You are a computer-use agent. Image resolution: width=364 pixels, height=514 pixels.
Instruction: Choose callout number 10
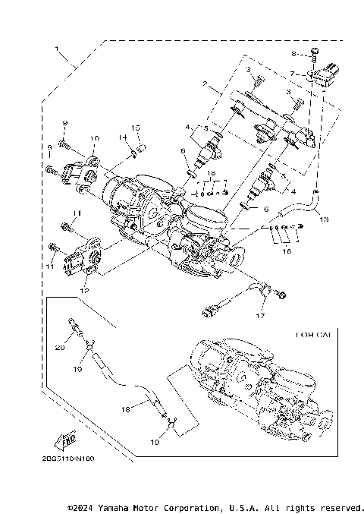pyautogui.click(x=94, y=138)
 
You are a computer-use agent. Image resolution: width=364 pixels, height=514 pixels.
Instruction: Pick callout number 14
pyautogui.click(x=120, y=137)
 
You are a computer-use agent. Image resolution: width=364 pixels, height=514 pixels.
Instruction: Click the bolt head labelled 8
pyautogui.click(x=312, y=52)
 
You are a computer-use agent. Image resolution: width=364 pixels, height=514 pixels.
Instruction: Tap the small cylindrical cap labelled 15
pyautogui.click(x=140, y=143)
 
